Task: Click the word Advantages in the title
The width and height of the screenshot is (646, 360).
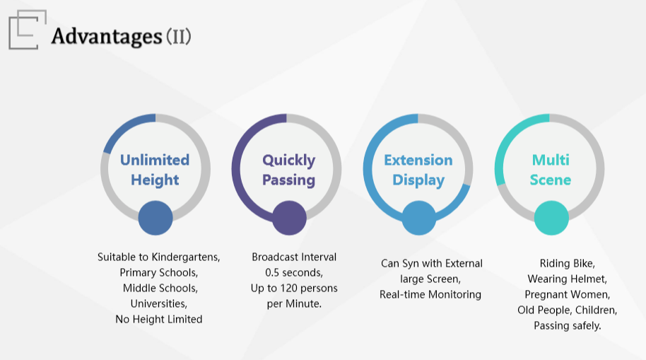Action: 107,36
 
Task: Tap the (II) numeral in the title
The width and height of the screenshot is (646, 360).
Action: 179,36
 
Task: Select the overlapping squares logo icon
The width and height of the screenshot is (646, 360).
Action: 27,30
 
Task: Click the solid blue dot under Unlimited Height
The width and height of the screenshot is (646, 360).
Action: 155,218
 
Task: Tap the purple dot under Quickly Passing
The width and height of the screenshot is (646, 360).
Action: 289,218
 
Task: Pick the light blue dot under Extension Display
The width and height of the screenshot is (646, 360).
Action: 419,218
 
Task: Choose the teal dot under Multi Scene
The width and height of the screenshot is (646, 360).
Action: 551,218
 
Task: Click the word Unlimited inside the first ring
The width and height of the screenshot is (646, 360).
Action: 155,160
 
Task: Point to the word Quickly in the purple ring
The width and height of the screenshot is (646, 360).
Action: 289,161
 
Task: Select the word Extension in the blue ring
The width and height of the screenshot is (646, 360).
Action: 418,160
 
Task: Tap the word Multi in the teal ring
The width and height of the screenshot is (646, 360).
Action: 551,160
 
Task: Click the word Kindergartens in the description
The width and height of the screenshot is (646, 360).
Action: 186,257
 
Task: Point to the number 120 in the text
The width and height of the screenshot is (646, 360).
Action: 289,289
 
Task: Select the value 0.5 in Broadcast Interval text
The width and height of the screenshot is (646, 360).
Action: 272,272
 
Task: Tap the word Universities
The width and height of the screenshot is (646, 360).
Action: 159,304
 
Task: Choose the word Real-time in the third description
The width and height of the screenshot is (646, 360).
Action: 403,294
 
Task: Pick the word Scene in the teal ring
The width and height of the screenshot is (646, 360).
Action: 551,180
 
